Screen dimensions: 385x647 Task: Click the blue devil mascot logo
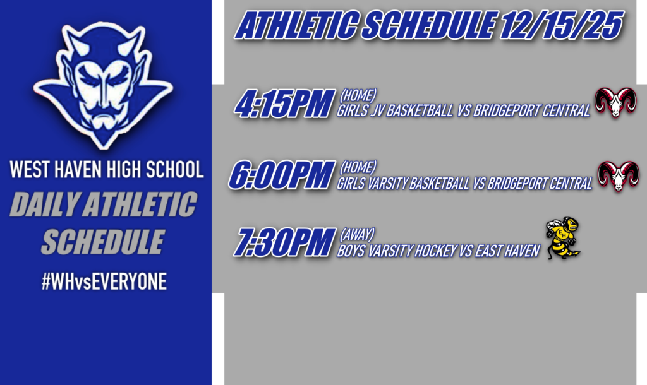104,83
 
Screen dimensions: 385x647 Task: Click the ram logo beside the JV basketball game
615,103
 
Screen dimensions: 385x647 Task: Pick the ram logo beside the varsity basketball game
618,176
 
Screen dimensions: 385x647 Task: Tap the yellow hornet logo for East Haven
564,239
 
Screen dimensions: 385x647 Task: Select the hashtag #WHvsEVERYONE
104,281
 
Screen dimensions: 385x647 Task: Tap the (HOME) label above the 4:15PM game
358,95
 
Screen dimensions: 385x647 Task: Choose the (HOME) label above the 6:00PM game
358,167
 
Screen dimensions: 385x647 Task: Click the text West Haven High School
106,170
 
